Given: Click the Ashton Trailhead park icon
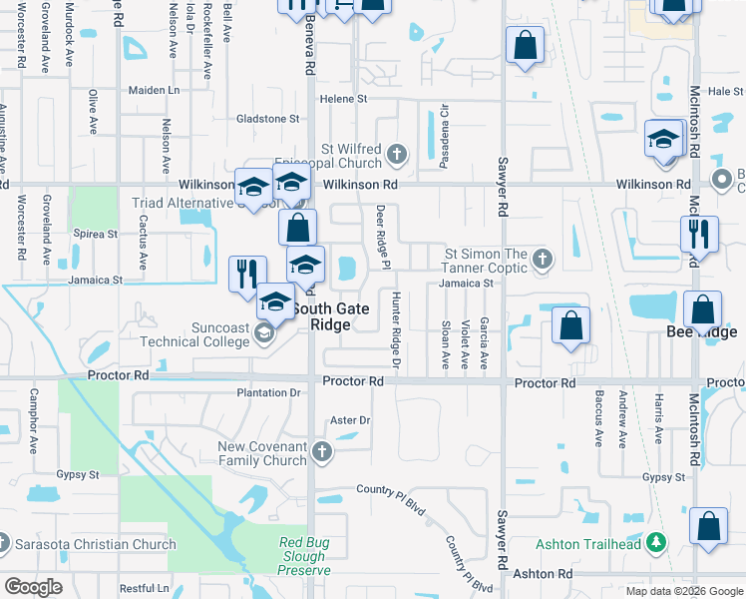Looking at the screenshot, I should point(655,542).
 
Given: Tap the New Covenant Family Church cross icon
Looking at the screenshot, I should point(321,451).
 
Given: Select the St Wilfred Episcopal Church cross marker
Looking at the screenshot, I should point(397,154).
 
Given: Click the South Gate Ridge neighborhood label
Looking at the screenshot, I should point(334,316).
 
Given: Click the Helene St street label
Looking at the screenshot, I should point(344,99).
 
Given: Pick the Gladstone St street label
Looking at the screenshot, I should point(267,119).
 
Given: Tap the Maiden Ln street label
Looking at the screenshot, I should point(154,90).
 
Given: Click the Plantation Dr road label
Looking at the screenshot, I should point(268,393).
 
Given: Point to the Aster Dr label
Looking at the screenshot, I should point(349,421).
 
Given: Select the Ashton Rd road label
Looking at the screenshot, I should point(543,574).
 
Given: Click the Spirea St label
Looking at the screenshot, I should point(97,234).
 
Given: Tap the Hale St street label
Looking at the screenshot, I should point(725,91).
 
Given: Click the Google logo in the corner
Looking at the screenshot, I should point(33,587).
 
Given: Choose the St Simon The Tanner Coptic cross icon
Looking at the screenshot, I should point(542,260).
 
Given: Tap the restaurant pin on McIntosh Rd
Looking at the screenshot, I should point(699,234).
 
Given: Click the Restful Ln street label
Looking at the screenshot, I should point(144,589).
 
